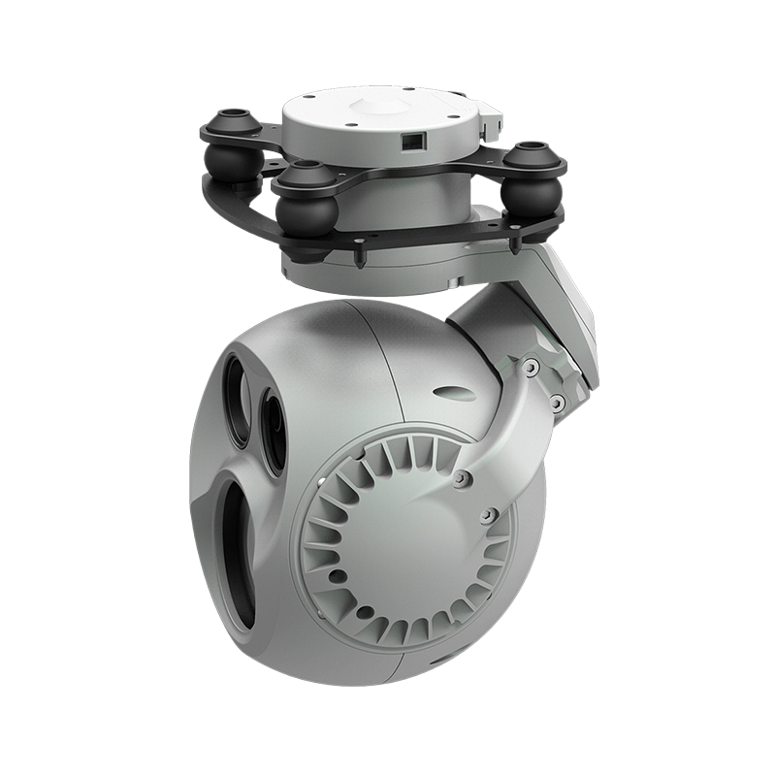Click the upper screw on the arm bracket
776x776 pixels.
(x=532, y=366)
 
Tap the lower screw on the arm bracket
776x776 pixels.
(x=556, y=399)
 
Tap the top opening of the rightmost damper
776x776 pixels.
(x=533, y=149)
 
